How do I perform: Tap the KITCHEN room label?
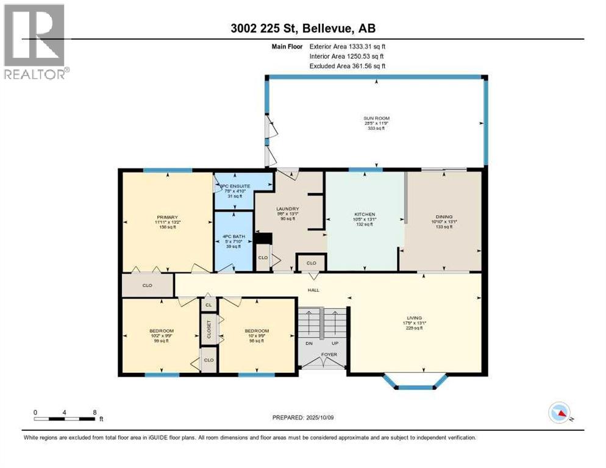coord(365,214)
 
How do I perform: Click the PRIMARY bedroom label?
coord(167,217)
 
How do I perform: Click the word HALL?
coord(313,290)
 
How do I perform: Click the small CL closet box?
coord(209,304)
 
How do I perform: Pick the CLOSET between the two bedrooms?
coord(208,330)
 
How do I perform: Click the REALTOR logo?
coord(34,41)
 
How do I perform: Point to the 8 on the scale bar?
coord(94,412)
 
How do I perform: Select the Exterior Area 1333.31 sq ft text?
coord(348,46)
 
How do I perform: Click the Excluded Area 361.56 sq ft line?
coord(348,66)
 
